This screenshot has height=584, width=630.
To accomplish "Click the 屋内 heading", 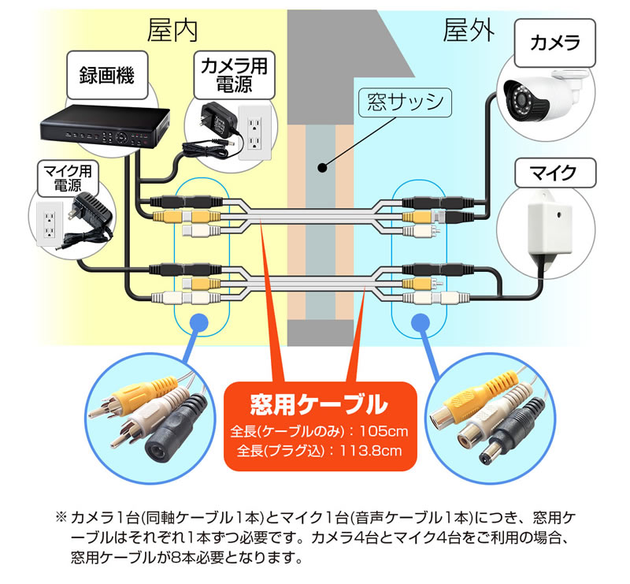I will coord(172,31).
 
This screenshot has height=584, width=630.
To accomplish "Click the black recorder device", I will coord(107,125).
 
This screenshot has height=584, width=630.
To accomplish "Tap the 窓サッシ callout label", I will coord(400,101).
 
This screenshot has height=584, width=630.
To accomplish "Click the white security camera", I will coord(542,92).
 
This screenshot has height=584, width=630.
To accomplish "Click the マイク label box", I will coord(554,170).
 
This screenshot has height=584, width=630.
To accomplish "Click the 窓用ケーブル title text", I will coord(319,405).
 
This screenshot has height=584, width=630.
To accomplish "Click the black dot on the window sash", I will coord(321,167).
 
